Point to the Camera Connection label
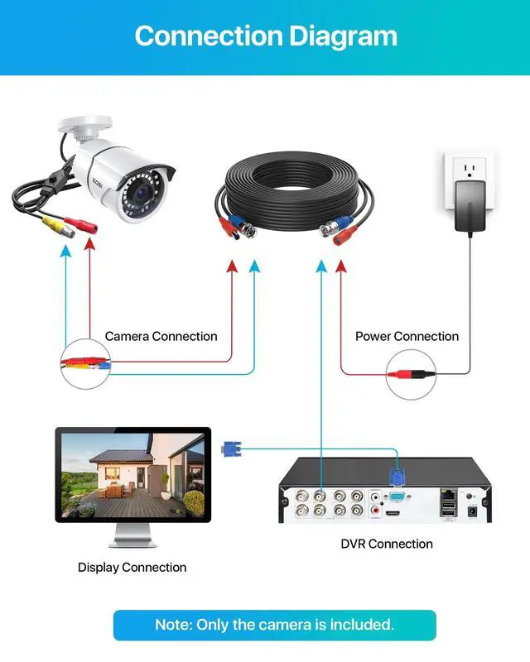click(161, 337)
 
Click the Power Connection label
click(407, 337)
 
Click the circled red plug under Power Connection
click(412, 375)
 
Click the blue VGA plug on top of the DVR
click(398, 481)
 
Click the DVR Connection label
click(387, 544)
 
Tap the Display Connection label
click(132, 568)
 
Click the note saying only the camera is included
click(274, 625)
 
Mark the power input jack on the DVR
click(473, 511)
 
